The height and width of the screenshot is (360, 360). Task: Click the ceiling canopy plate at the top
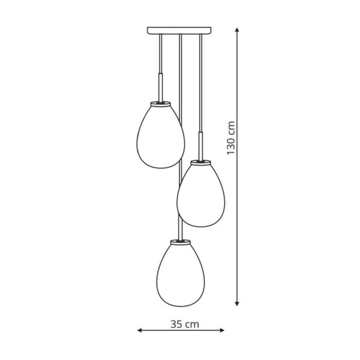click(x=180, y=30)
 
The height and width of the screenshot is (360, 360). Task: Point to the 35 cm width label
click(x=184, y=325)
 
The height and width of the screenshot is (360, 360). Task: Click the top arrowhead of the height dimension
click(x=238, y=29)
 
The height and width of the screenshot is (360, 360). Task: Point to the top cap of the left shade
click(x=160, y=104)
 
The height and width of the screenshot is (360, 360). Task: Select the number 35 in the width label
click(x=176, y=325)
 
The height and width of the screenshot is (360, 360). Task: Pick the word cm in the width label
click(x=192, y=325)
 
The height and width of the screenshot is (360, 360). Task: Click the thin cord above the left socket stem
click(x=160, y=54)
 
